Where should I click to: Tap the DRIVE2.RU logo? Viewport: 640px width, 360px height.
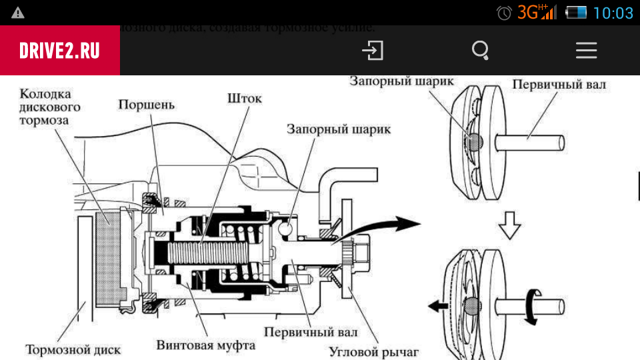(59, 51)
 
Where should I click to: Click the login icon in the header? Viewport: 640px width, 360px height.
(373, 51)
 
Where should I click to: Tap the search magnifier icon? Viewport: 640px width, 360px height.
(480, 51)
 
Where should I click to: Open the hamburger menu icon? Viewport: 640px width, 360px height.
(587, 51)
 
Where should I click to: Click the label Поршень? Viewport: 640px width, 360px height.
(146, 105)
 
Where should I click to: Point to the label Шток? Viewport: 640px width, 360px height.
(245, 99)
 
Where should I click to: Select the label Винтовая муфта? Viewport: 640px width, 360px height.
(206, 345)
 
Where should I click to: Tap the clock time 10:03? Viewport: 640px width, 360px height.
(613, 12)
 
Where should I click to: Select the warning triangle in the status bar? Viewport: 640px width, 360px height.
(18, 13)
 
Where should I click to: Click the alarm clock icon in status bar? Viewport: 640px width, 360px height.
(505, 13)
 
